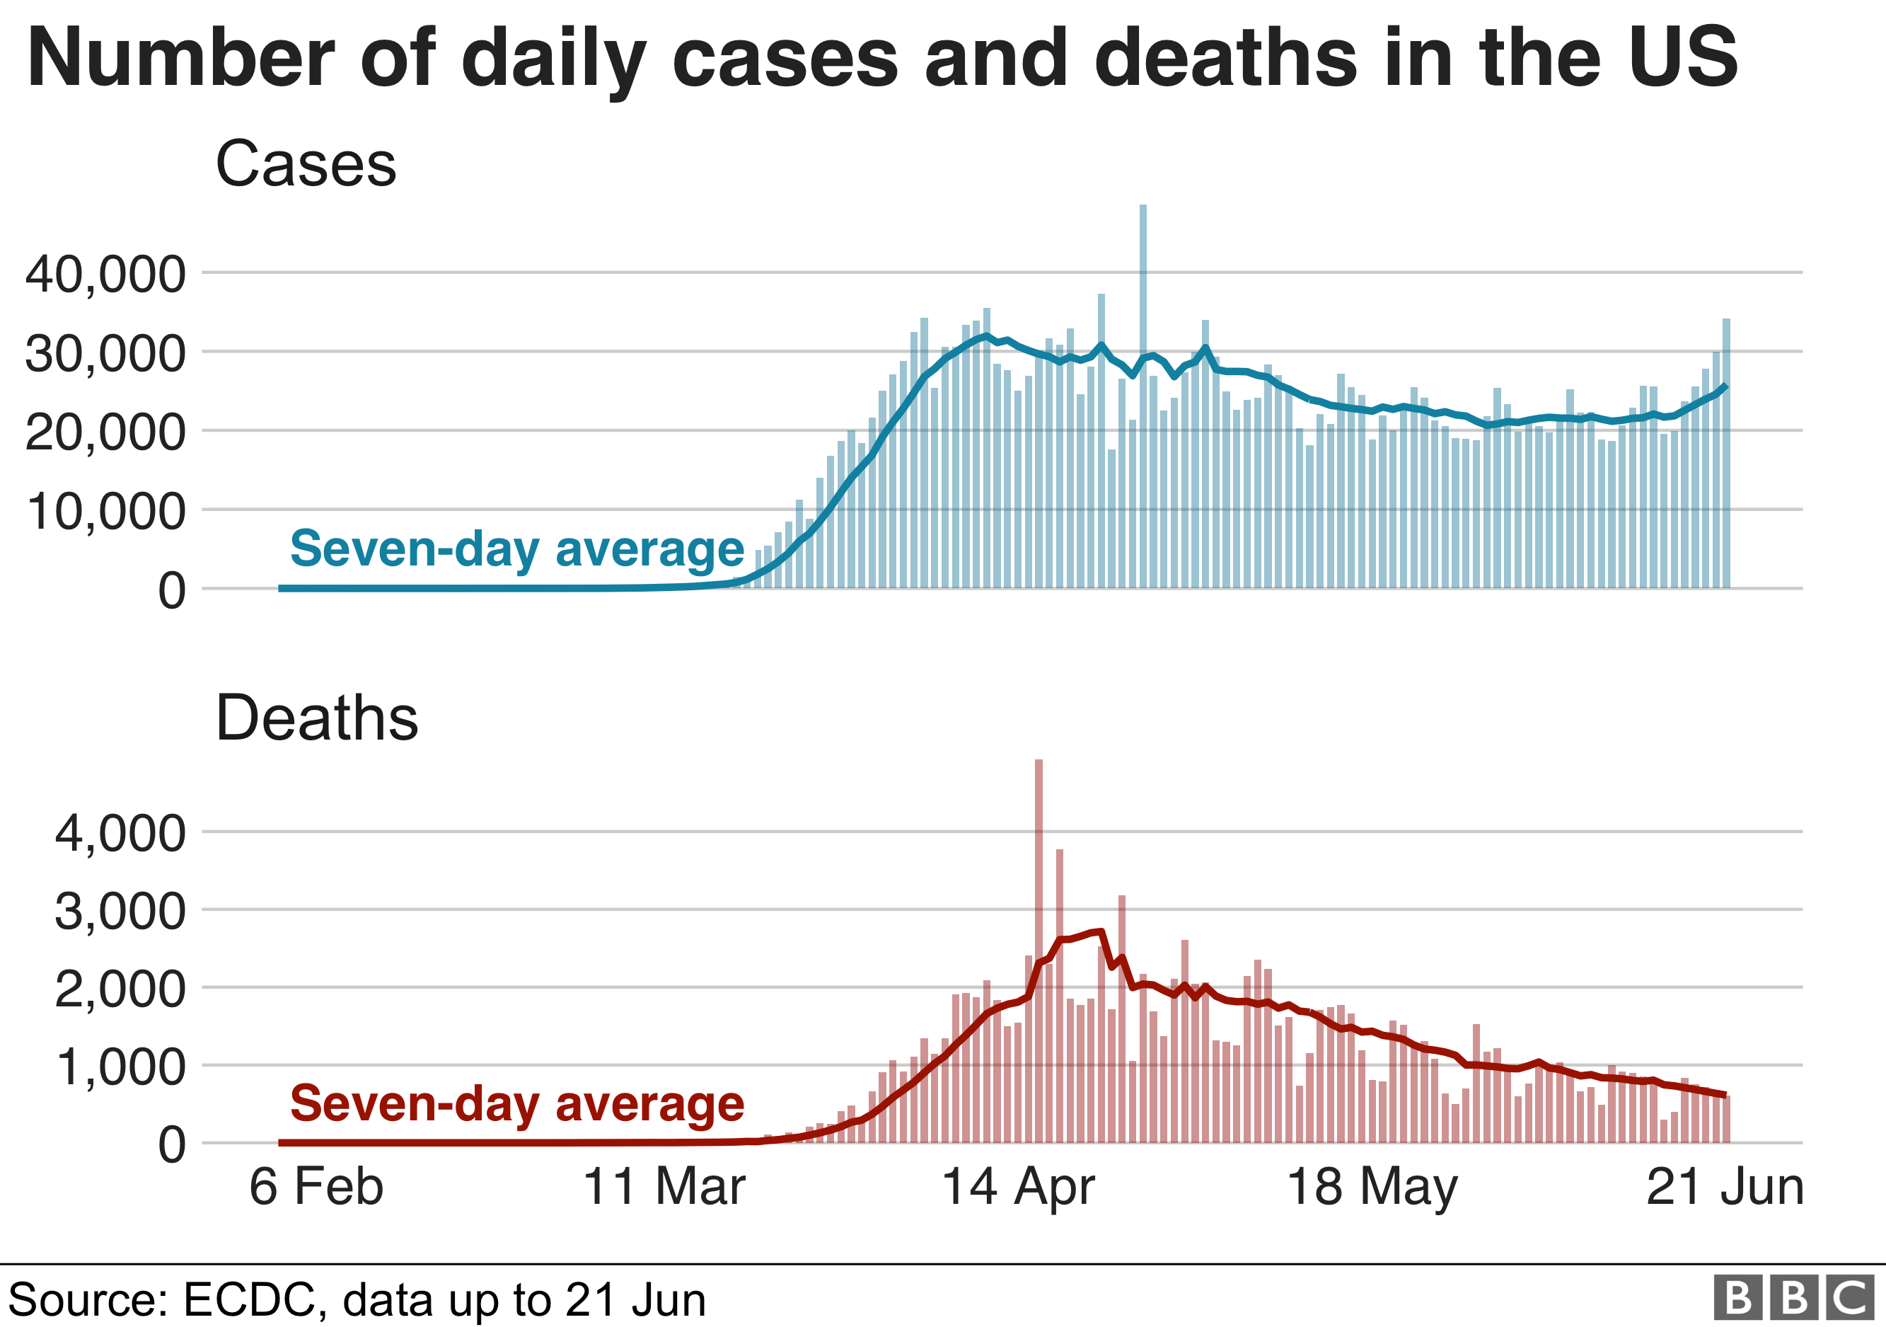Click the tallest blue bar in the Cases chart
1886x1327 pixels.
[1142, 394]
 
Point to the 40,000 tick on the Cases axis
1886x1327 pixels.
[105, 275]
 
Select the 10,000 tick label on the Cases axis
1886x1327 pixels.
[105, 512]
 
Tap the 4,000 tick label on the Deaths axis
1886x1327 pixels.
[120, 833]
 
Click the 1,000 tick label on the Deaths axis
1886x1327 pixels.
[120, 1067]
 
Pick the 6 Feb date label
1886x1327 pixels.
[316, 1188]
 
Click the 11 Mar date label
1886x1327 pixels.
[664, 1188]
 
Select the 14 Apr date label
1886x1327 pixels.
[1018, 1188]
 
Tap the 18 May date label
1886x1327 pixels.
[1372, 1188]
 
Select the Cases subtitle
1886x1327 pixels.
[306, 163]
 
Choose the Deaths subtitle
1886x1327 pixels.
[317, 718]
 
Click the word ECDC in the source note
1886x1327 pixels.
[248, 1300]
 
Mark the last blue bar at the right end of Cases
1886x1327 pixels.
[1726, 452]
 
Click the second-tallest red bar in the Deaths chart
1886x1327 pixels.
[1060, 994]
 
